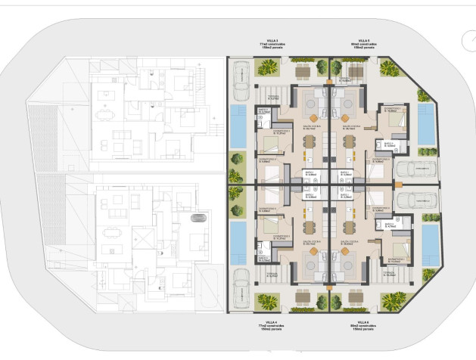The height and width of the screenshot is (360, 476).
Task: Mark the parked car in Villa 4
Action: click(241, 287)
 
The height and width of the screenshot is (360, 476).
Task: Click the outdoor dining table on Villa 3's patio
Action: click(303, 71)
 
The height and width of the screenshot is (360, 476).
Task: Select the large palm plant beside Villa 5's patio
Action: click(389, 70)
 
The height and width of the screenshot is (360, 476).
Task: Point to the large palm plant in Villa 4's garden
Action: click(266, 301)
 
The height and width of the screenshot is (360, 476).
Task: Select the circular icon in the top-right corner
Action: click(467, 40)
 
